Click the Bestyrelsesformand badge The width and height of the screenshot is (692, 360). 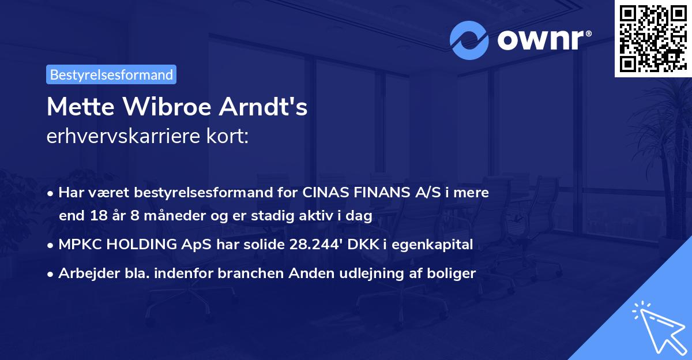pos(111,74)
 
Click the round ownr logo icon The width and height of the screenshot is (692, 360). pos(469,40)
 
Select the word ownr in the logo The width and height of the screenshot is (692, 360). pos(541,40)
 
